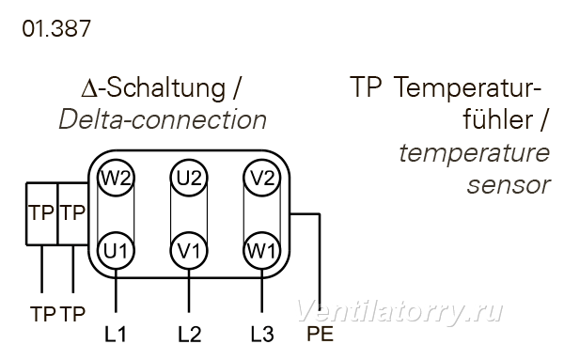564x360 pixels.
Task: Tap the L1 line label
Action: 116,334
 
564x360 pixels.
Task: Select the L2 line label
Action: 190,334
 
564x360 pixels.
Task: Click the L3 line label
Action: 262,334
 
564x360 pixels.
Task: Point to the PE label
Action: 320,334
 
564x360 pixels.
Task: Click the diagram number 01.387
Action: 56,28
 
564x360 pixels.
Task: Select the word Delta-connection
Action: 163,119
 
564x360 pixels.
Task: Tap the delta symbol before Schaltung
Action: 89,89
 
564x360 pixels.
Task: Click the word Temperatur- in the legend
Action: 467,88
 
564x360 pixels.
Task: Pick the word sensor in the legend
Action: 509,185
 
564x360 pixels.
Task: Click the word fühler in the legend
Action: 498,119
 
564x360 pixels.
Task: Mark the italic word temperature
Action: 475,153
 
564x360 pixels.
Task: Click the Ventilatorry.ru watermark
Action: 399,312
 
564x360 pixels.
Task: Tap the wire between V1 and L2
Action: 189,291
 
